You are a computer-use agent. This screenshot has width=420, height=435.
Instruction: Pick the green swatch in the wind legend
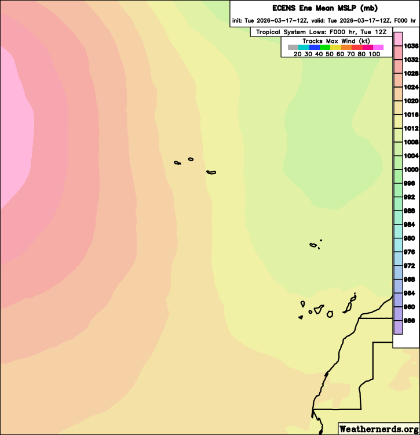pyautogui.click(x=325, y=48)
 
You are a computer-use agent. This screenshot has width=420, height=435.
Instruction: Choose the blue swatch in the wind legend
pyautogui.click(x=315, y=48)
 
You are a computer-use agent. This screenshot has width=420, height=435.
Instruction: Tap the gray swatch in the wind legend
pyautogui.click(x=293, y=48)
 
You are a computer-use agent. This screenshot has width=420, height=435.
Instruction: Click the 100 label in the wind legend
pyautogui.click(x=374, y=54)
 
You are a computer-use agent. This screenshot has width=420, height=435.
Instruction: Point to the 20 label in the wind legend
pyautogui.click(x=297, y=54)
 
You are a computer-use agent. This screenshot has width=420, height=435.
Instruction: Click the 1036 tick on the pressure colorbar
pyautogui.click(x=411, y=46)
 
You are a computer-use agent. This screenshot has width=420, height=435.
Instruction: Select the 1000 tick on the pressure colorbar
pyautogui.click(x=411, y=170)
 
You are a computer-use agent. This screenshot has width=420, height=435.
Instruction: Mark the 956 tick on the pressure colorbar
pyautogui.click(x=411, y=320)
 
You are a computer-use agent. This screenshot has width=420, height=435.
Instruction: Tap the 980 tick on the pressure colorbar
pyautogui.click(x=411, y=238)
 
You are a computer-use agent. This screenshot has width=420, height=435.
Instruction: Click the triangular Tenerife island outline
pyautogui.click(x=319, y=310)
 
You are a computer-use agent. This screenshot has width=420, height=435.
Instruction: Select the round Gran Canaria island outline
pyautogui.click(x=330, y=314)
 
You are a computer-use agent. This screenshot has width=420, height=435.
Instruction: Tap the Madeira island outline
pyautogui.click(x=313, y=245)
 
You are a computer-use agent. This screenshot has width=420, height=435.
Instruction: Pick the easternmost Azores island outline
pyautogui.click(x=211, y=172)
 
